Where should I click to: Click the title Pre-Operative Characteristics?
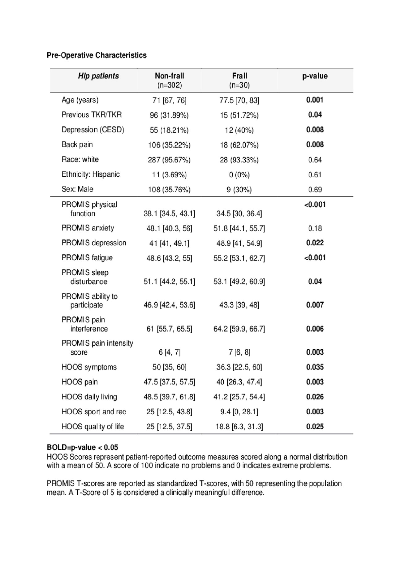(97, 55)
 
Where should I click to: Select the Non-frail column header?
(169, 76)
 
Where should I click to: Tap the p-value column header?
(315, 76)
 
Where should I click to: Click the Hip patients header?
(98, 76)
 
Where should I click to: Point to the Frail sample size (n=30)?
(239, 85)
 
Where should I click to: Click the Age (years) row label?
(80, 100)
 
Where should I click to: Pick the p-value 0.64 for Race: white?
(315, 160)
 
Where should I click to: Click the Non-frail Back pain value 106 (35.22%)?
(169, 145)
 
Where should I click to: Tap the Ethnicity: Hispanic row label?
(90, 175)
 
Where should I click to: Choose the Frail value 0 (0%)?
(239, 175)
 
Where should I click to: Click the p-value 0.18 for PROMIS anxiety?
(315, 228)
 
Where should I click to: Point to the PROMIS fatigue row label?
(87, 258)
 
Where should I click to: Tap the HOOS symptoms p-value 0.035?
(315, 367)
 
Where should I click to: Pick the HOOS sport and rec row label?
(93, 412)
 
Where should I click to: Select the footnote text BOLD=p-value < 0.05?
(82, 447)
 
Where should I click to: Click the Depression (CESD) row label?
(93, 130)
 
